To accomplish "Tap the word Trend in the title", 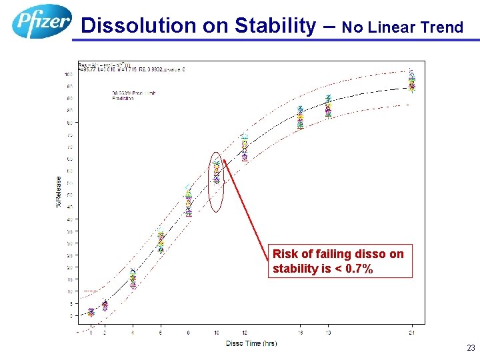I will click(x=439, y=27).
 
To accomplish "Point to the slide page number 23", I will click(x=470, y=347).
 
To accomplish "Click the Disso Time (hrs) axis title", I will click(x=251, y=343).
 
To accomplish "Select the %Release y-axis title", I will click(x=59, y=191).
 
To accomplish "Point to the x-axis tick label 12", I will click(x=244, y=332).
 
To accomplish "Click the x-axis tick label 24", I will click(x=412, y=332).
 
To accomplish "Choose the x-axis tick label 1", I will click(x=91, y=332).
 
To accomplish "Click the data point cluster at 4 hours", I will click(x=133, y=279).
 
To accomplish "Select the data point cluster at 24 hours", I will click(x=412, y=81).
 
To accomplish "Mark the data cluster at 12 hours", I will click(x=244, y=149).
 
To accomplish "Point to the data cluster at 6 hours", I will click(x=161, y=241).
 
